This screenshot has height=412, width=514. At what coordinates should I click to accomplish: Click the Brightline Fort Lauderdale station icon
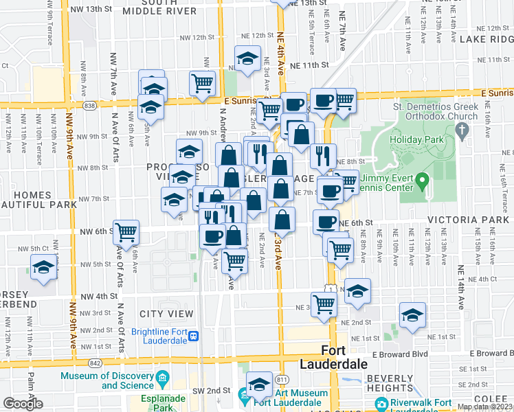(x=194, y=336)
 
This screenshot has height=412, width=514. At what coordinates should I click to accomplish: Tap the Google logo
(x=23, y=404)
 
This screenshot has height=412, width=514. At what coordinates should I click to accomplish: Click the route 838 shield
(x=89, y=106)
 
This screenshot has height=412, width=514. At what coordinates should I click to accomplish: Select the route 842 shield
(x=96, y=362)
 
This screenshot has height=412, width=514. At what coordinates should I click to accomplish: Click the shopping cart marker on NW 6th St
(x=126, y=233)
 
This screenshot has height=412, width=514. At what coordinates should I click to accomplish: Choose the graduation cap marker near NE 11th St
(x=247, y=60)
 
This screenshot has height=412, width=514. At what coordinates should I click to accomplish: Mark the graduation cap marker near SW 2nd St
(x=259, y=385)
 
